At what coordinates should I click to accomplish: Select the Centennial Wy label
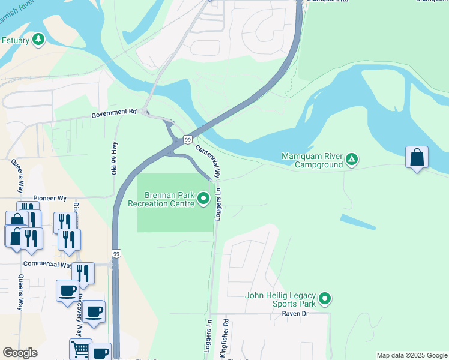pyautogui.click(x=208, y=160)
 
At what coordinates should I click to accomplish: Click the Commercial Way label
pyautogui.click(x=47, y=264)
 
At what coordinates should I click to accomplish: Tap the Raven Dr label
pyautogui.click(x=295, y=313)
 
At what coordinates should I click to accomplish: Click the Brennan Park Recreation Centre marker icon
pyautogui.click(x=203, y=198)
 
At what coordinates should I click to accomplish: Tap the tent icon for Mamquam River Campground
pyautogui.click(x=352, y=160)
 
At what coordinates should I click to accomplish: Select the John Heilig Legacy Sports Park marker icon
pyautogui.click(x=325, y=298)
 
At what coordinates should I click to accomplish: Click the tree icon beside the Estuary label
pyautogui.click(x=39, y=40)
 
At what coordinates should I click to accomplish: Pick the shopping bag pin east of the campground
pyautogui.click(x=417, y=158)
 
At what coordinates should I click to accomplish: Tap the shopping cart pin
pyautogui.click(x=80, y=349)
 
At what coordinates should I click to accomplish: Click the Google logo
pyautogui.click(x=20, y=353)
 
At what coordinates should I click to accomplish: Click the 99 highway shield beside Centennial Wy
pyautogui.click(x=188, y=139)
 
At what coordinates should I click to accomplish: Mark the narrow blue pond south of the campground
pyautogui.click(x=358, y=222)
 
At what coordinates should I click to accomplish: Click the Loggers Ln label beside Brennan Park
pyautogui.click(x=218, y=205)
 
